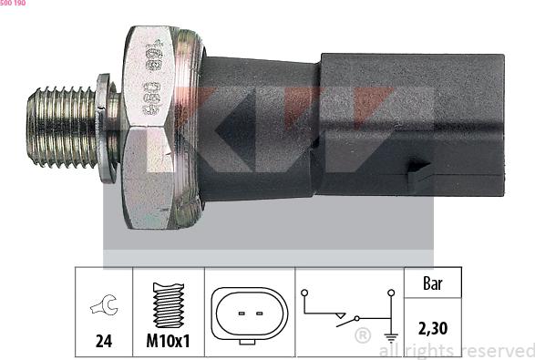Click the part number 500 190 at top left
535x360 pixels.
coord(13,5)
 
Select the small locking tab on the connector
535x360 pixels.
coord(422,175)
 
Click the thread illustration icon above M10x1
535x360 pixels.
coord(168,305)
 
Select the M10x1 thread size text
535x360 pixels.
coord(168,344)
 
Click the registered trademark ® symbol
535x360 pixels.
coord(362,335)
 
